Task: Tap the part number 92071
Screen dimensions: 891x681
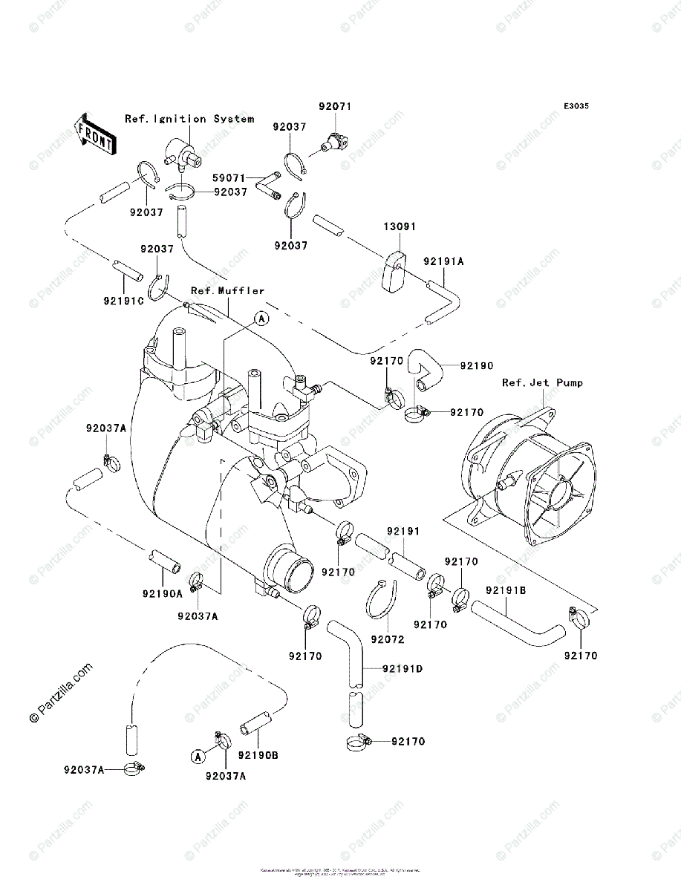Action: coord(334,107)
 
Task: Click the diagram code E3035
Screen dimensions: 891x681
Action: coord(576,107)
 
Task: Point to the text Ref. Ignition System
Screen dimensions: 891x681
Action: coord(189,119)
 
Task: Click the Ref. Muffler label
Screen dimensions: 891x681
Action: coord(227,290)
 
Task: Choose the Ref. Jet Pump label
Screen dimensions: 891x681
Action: coord(542,383)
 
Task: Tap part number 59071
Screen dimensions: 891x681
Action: coord(228,178)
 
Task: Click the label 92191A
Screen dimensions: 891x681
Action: coord(443,261)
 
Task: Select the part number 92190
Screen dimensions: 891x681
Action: coord(476,366)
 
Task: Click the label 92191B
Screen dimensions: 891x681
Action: coord(506,591)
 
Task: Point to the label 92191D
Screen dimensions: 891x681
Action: coord(403,669)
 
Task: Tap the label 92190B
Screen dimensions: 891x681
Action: coord(258,756)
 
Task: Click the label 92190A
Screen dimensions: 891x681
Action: coord(163,594)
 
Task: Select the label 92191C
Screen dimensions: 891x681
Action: coord(123,302)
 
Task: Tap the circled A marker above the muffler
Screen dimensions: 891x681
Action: coord(261,319)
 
